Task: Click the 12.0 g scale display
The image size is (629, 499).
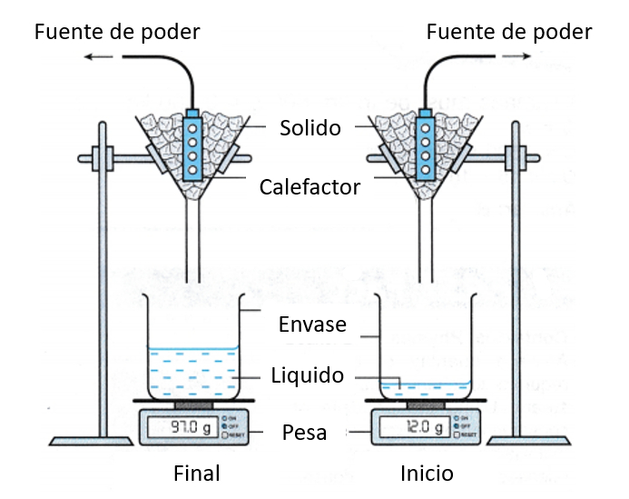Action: coord(414,426)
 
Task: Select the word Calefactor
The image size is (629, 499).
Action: coord(310,187)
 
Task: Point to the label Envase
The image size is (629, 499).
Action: coord(313,324)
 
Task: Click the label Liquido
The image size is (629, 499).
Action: coord(308,375)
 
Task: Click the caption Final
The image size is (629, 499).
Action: coord(197,474)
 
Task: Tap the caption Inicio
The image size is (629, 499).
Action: coord(427,474)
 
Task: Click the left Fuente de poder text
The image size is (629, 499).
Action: coord(117,33)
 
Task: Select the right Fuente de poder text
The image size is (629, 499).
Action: coord(509,33)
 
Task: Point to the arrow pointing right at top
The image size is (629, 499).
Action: coord(517,56)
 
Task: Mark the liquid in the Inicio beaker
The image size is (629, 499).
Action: coord(425,389)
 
